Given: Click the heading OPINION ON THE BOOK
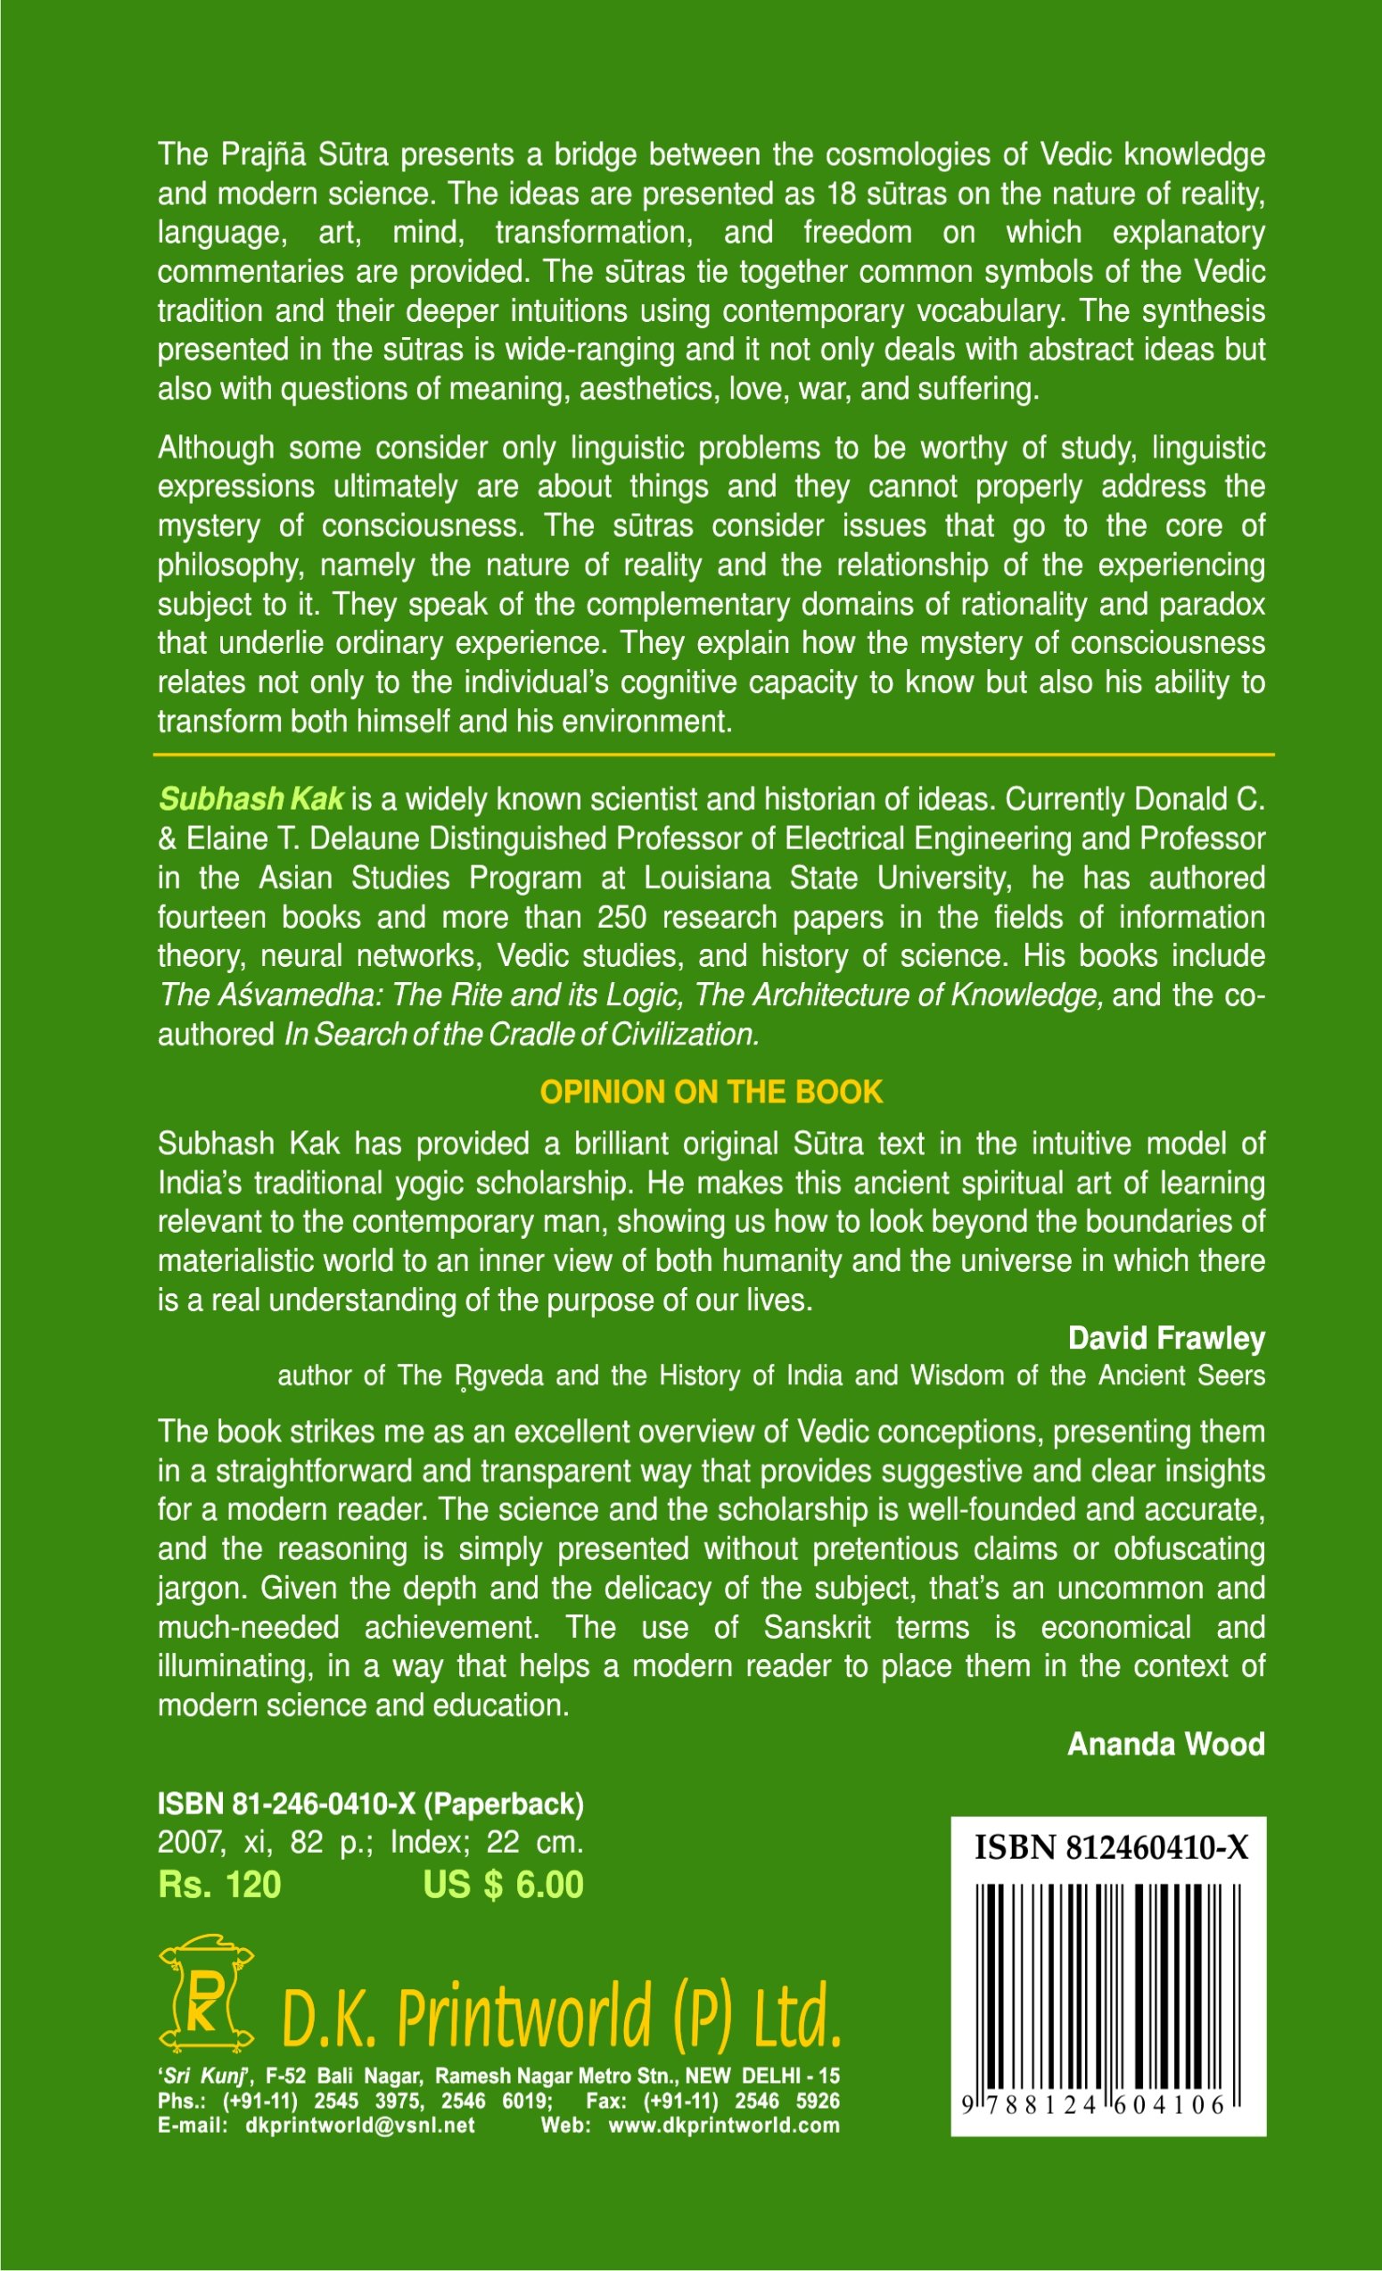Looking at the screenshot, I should click(x=711, y=1091).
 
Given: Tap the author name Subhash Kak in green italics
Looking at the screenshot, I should click(x=251, y=798).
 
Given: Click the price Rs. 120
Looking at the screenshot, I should click(x=219, y=1885).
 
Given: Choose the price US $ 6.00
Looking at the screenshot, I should click(x=503, y=1885).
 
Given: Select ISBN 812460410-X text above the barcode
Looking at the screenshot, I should click(x=1111, y=1847).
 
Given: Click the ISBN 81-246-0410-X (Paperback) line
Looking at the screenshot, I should click(x=370, y=1804).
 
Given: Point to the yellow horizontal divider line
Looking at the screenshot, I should click(x=713, y=755).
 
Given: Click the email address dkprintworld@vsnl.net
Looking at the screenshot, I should click(x=359, y=2126).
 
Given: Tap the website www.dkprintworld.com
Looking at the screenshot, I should click(x=723, y=2126).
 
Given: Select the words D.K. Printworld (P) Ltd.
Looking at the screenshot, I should click(x=560, y=2016).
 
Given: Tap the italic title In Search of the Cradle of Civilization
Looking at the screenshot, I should click(x=522, y=1034).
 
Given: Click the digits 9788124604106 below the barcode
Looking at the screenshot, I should click(x=1097, y=2104).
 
